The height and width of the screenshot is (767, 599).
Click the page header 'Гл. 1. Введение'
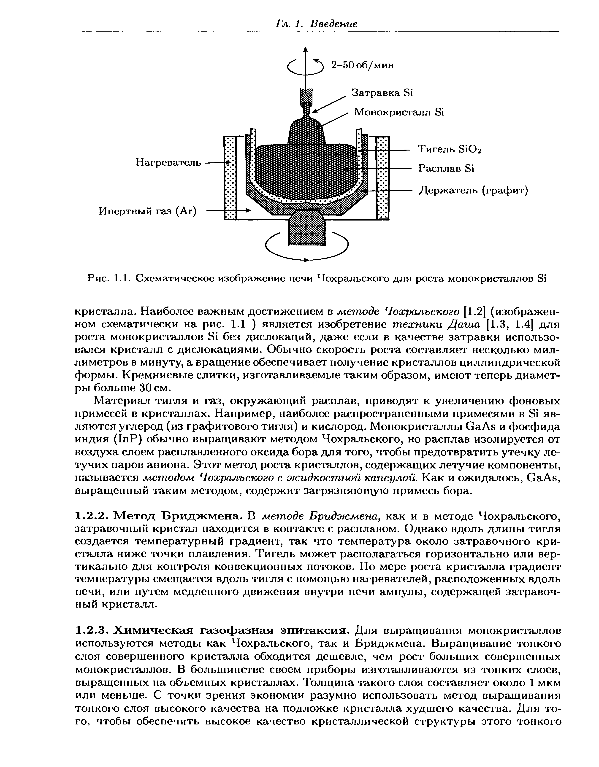point(317,24)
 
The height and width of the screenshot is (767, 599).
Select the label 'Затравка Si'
point(382,93)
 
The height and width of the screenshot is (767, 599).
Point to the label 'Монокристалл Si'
point(399,112)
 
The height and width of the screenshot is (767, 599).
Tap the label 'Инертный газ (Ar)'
point(148,211)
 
